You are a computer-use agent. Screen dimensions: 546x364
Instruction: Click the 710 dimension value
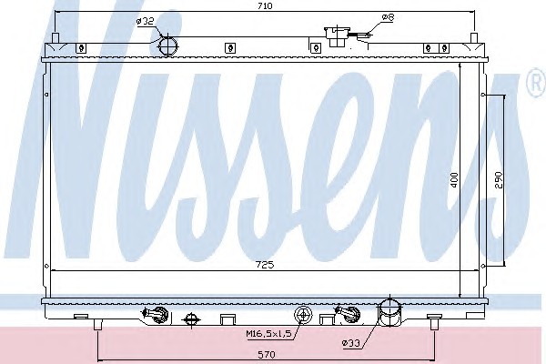click(x=265, y=6)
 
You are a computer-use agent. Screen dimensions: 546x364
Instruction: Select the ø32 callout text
click(x=146, y=21)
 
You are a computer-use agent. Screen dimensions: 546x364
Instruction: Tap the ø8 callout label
click(x=388, y=16)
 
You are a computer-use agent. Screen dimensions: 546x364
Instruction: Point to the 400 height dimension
click(x=454, y=180)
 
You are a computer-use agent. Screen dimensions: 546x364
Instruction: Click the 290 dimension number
click(x=499, y=180)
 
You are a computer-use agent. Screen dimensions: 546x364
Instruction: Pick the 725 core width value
click(x=265, y=265)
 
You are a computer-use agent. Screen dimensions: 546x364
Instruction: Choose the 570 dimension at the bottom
click(x=267, y=355)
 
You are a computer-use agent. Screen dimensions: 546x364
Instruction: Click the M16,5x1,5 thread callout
click(x=268, y=334)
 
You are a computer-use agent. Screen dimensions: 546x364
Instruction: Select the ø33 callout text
click(x=350, y=343)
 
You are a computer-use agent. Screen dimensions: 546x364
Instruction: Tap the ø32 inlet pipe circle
click(x=167, y=45)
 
